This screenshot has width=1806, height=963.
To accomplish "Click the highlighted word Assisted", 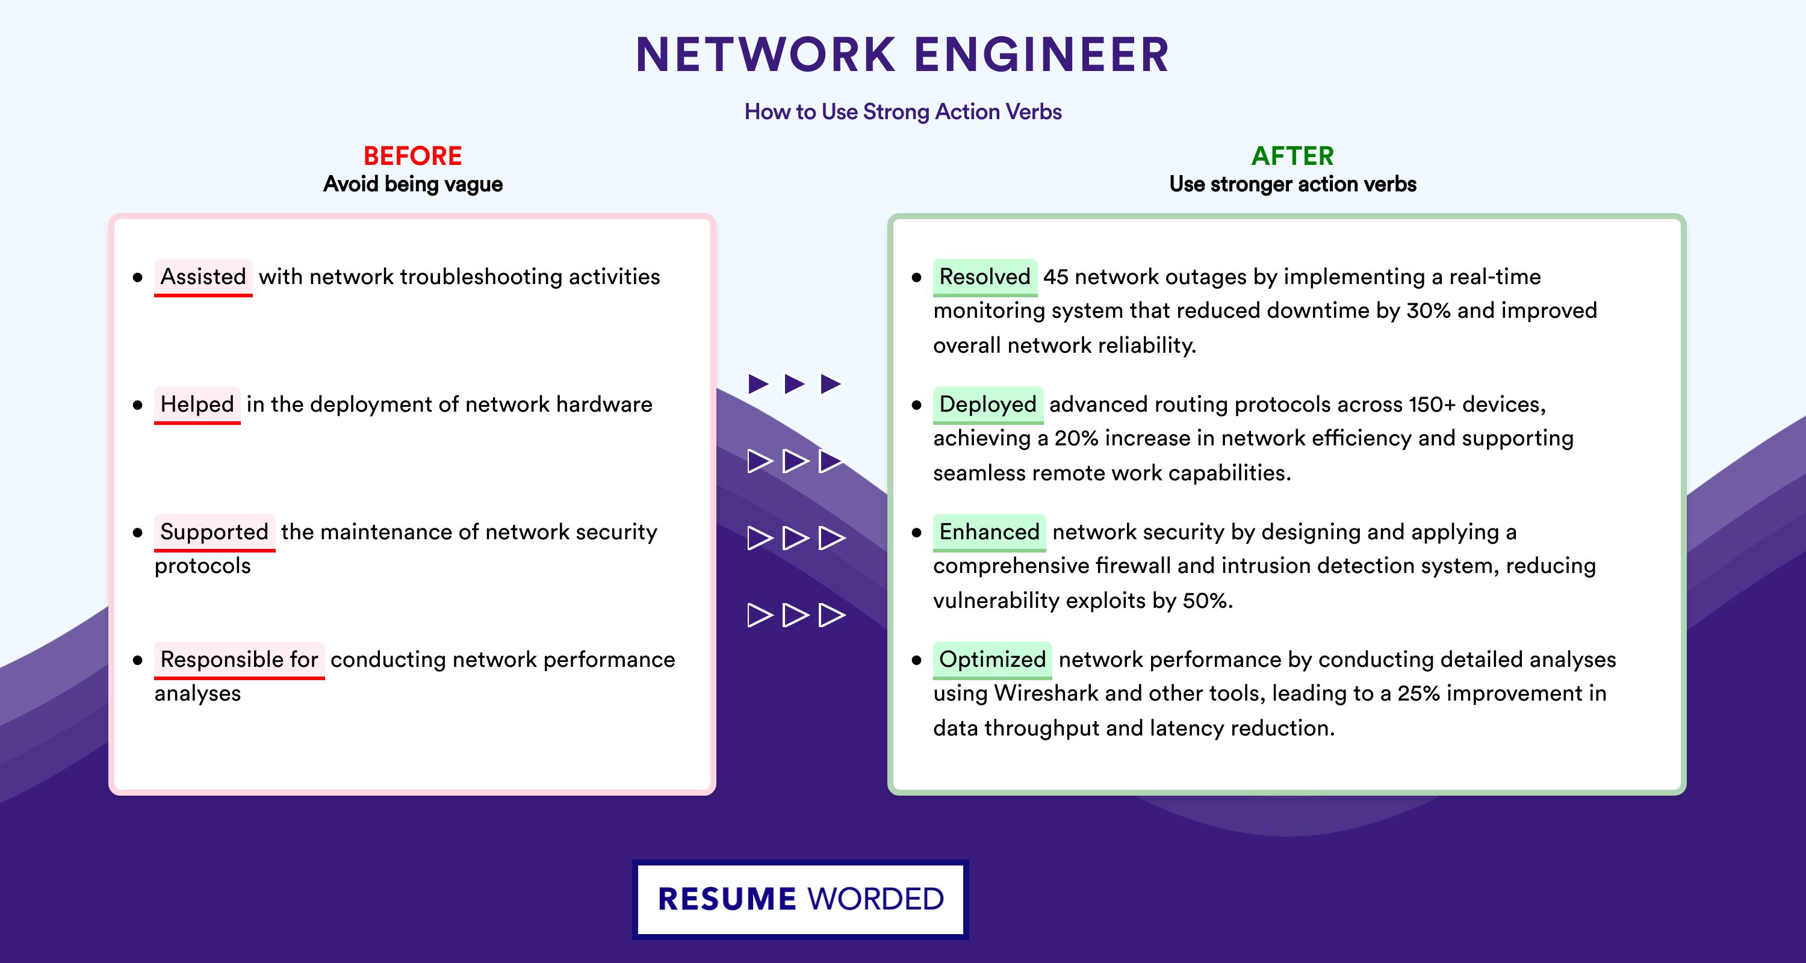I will click(x=203, y=277).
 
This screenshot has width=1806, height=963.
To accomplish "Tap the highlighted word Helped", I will click(x=197, y=404).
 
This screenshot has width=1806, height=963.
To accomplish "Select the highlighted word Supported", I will click(x=214, y=532).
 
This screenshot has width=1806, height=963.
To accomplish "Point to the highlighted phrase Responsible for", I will click(x=239, y=660).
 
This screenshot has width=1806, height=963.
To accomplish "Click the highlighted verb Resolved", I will click(x=984, y=277).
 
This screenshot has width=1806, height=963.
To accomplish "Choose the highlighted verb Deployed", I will click(x=987, y=404).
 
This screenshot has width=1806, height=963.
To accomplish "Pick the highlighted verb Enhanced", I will click(x=988, y=532).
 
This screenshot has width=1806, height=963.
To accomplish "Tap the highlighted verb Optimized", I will click(x=992, y=660).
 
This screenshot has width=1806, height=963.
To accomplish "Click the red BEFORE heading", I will click(x=412, y=156).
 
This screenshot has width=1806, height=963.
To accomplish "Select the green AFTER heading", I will click(x=1292, y=156).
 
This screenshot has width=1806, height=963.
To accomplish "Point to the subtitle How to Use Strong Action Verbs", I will click(x=903, y=111).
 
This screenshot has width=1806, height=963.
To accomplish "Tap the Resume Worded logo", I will click(x=800, y=899).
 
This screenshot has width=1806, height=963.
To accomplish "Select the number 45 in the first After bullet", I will click(x=1056, y=277).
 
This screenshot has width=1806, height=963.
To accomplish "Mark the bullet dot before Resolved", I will click(x=916, y=277).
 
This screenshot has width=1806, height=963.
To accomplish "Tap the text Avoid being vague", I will click(x=412, y=184).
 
